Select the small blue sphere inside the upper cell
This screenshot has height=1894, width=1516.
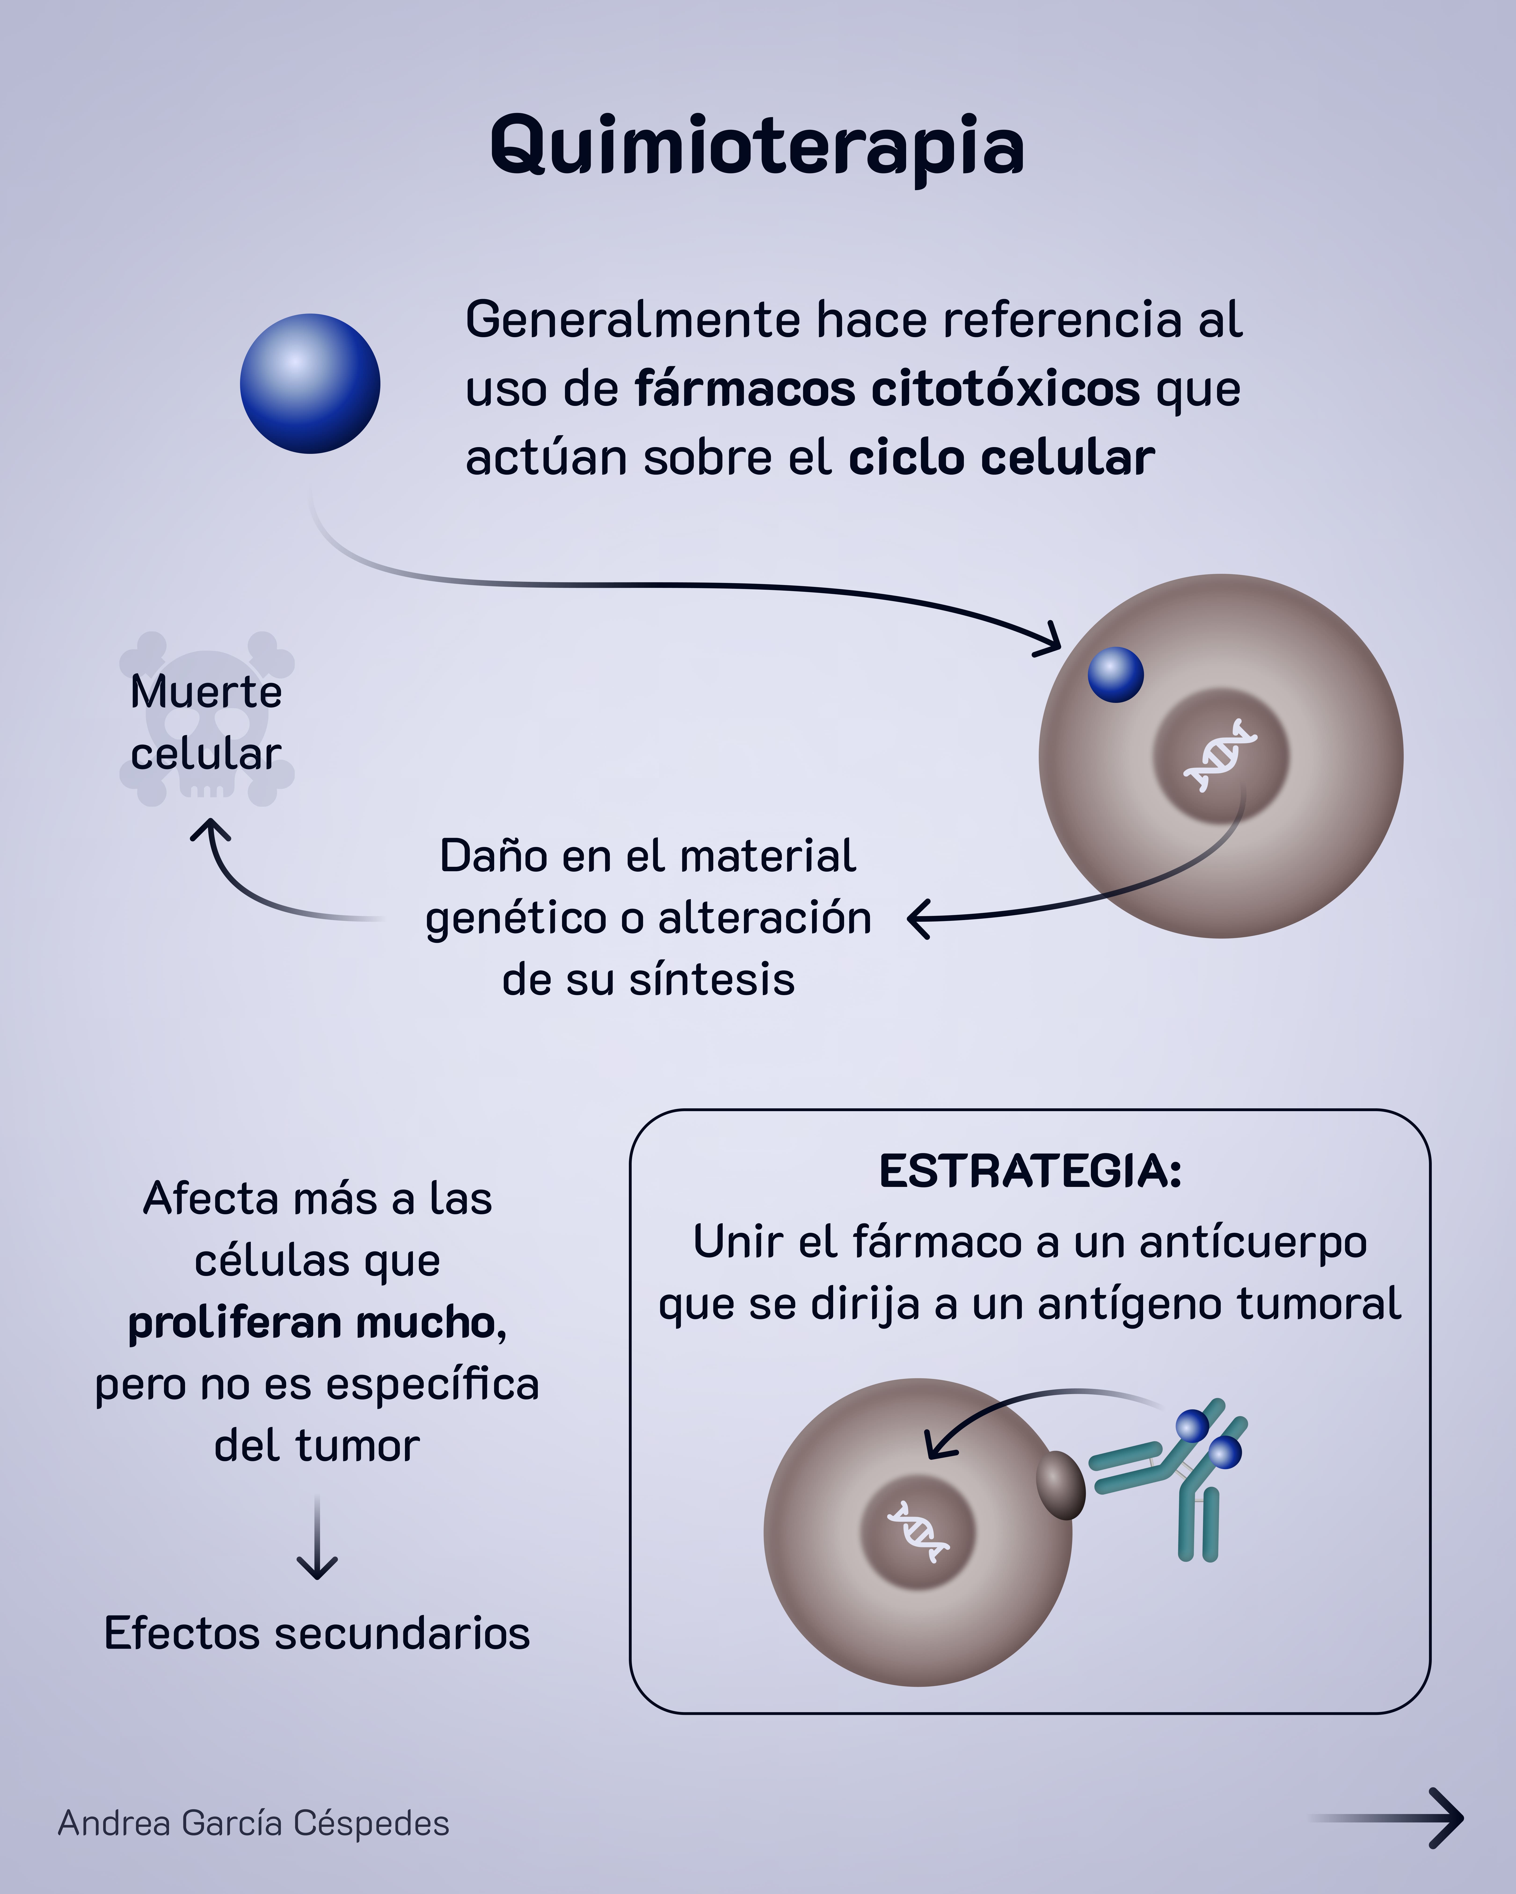pos(1115,675)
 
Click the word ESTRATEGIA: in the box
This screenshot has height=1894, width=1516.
pos(1030,1171)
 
